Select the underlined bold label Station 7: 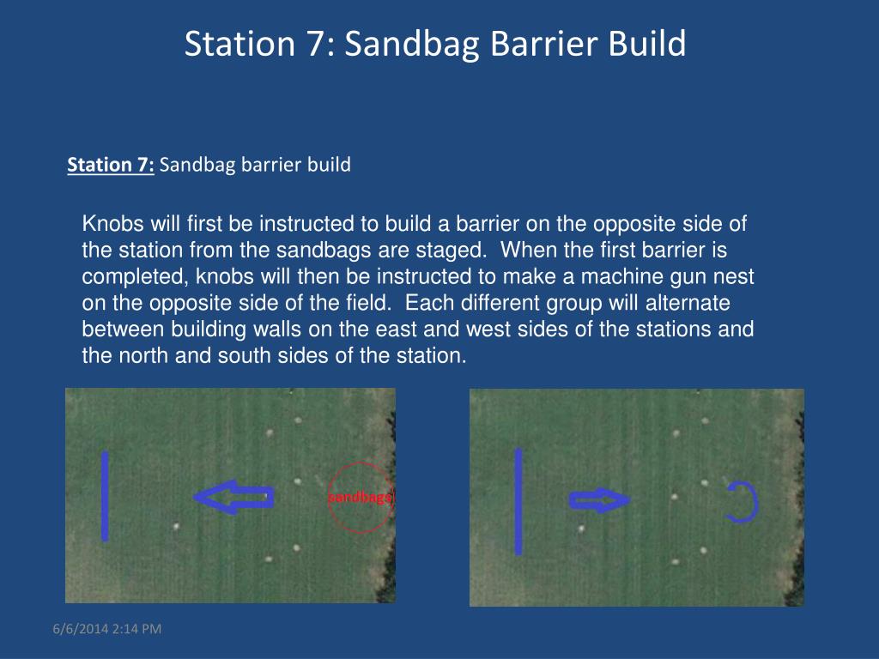[x=111, y=164]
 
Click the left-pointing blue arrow [x=233, y=497]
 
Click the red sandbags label [x=361, y=497]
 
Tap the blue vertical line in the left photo [x=105, y=496]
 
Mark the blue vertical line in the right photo [x=518, y=501]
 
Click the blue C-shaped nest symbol [x=756, y=502]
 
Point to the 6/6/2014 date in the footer [x=80, y=629]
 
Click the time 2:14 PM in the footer [x=136, y=629]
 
